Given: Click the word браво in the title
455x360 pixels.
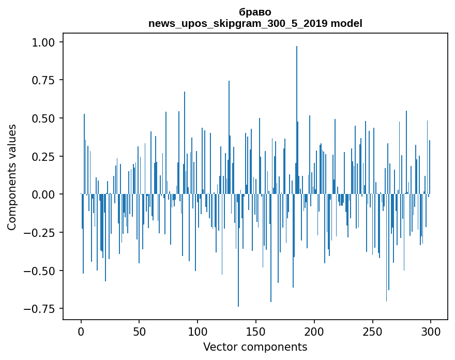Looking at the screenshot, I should pyautogui.click(x=255, y=12).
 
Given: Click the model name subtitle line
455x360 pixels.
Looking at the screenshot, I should pyautogui.click(x=255, y=23).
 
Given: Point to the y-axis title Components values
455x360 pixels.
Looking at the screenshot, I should pyautogui.click(x=12, y=177).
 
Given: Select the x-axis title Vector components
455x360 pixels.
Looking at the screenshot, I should pyautogui.click(x=255, y=347).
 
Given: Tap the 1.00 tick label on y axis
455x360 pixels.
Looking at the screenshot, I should pyautogui.click(x=47, y=42).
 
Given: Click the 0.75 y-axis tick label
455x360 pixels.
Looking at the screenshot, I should pyautogui.click(x=47, y=80).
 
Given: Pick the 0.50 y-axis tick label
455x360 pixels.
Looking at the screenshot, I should pyautogui.click(x=47, y=118).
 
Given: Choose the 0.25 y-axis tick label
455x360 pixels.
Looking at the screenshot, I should pyautogui.click(x=47, y=156).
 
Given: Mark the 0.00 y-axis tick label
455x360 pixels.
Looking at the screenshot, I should pyautogui.click(x=47, y=194).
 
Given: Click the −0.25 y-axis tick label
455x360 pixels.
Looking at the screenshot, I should pyautogui.click(x=43, y=233).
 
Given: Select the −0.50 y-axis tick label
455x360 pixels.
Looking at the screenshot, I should pyautogui.click(x=43, y=271).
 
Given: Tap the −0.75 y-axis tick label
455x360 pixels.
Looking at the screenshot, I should pyautogui.click(x=43, y=309).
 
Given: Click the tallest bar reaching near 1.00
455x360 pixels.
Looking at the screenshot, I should pyautogui.click(x=297, y=119).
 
